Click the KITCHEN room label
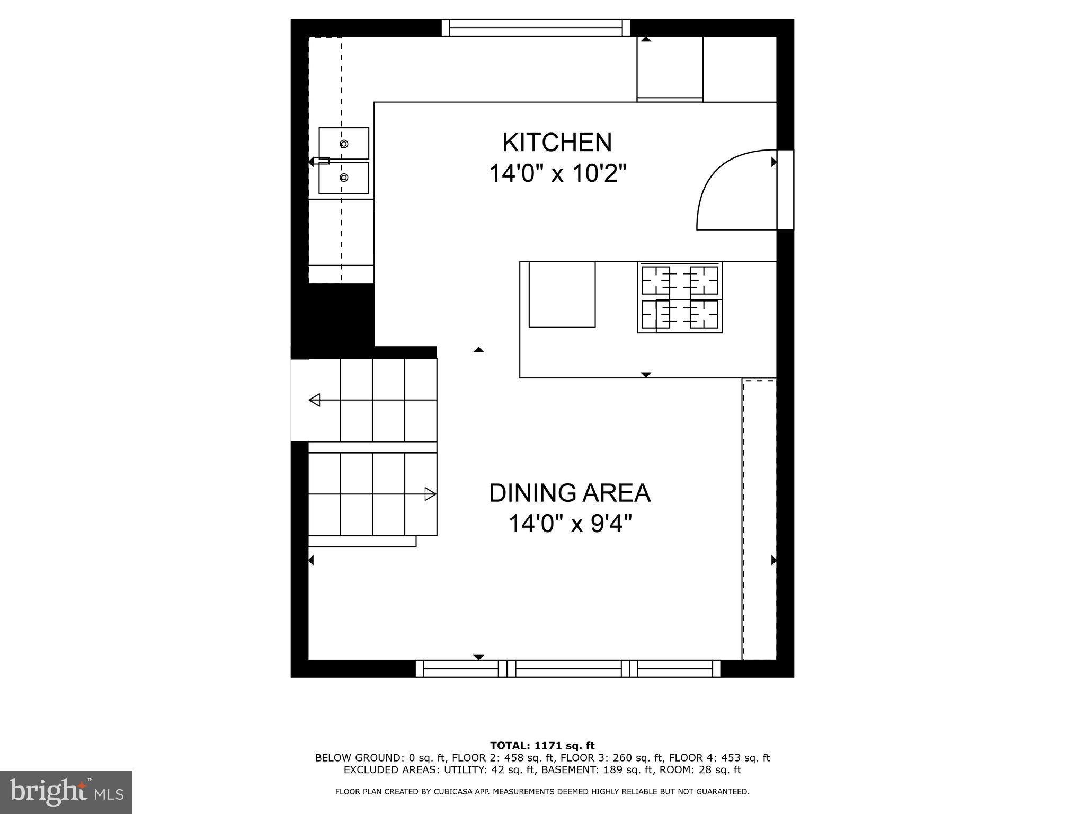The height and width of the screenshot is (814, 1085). pyautogui.click(x=557, y=143)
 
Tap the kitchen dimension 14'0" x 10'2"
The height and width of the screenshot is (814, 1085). pyautogui.click(x=557, y=173)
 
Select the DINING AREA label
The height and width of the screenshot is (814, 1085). pyautogui.click(x=570, y=493)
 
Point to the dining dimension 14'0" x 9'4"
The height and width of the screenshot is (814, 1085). pyautogui.click(x=570, y=524)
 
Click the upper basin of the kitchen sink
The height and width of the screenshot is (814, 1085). pyautogui.click(x=344, y=143)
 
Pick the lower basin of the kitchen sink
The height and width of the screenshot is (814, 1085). pyautogui.click(x=344, y=178)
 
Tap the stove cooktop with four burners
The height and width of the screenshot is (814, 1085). pyautogui.click(x=680, y=297)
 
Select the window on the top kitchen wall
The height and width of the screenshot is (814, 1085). pyautogui.click(x=536, y=28)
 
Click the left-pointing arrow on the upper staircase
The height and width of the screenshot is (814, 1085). pyautogui.click(x=315, y=400)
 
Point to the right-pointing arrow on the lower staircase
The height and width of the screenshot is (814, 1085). pyautogui.click(x=430, y=494)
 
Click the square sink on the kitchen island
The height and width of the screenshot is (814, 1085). pyautogui.click(x=562, y=294)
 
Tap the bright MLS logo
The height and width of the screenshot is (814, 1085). pyautogui.click(x=66, y=792)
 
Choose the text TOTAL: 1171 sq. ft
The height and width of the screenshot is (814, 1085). pyautogui.click(x=542, y=746)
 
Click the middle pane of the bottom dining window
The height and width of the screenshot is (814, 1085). pyautogui.click(x=568, y=668)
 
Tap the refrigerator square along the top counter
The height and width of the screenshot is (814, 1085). pyautogui.click(x=670, y=67)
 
